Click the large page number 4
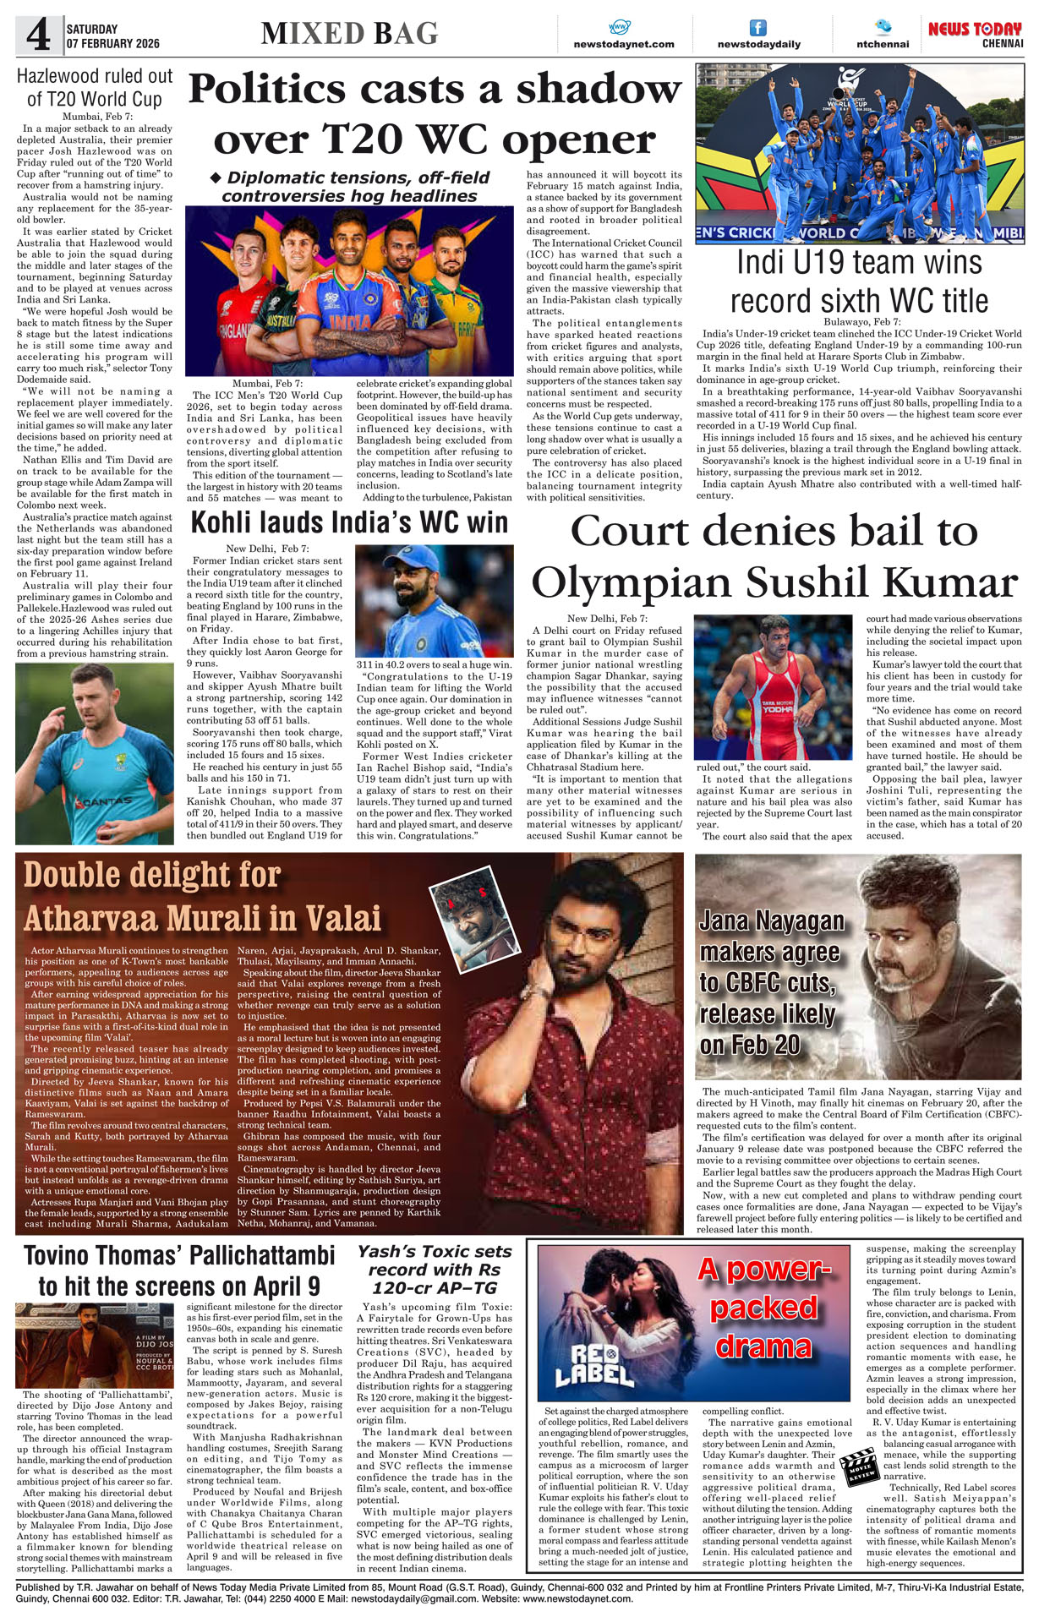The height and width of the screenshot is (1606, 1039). click(38, 36)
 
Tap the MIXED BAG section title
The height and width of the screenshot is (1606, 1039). click(349, 34)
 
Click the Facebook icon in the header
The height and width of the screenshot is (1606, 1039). click(758, 28)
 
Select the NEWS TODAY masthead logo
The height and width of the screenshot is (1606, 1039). click(975, 30)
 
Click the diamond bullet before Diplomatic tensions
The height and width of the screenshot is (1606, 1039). click(215, 178)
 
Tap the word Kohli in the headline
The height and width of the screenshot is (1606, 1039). click(223, 522)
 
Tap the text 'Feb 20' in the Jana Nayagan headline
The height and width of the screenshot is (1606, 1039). click(750, 1045)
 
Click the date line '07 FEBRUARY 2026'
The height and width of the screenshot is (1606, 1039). click(112, 43)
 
